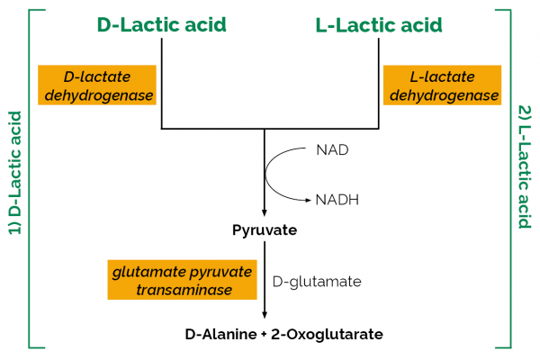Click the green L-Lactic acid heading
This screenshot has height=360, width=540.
(x=379, y=25)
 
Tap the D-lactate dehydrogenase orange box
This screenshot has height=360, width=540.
(x=94, y=84)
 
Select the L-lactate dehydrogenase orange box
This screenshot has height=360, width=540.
(x=441, y=84)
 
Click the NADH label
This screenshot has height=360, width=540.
(x=337, y=200)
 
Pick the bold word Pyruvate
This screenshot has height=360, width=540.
(x=265, y=230)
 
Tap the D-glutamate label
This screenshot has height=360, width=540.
(x=316, y=281)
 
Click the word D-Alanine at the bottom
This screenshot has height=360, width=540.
(x=220, y=334)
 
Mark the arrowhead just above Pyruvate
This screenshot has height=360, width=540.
(x=265, y=211)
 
